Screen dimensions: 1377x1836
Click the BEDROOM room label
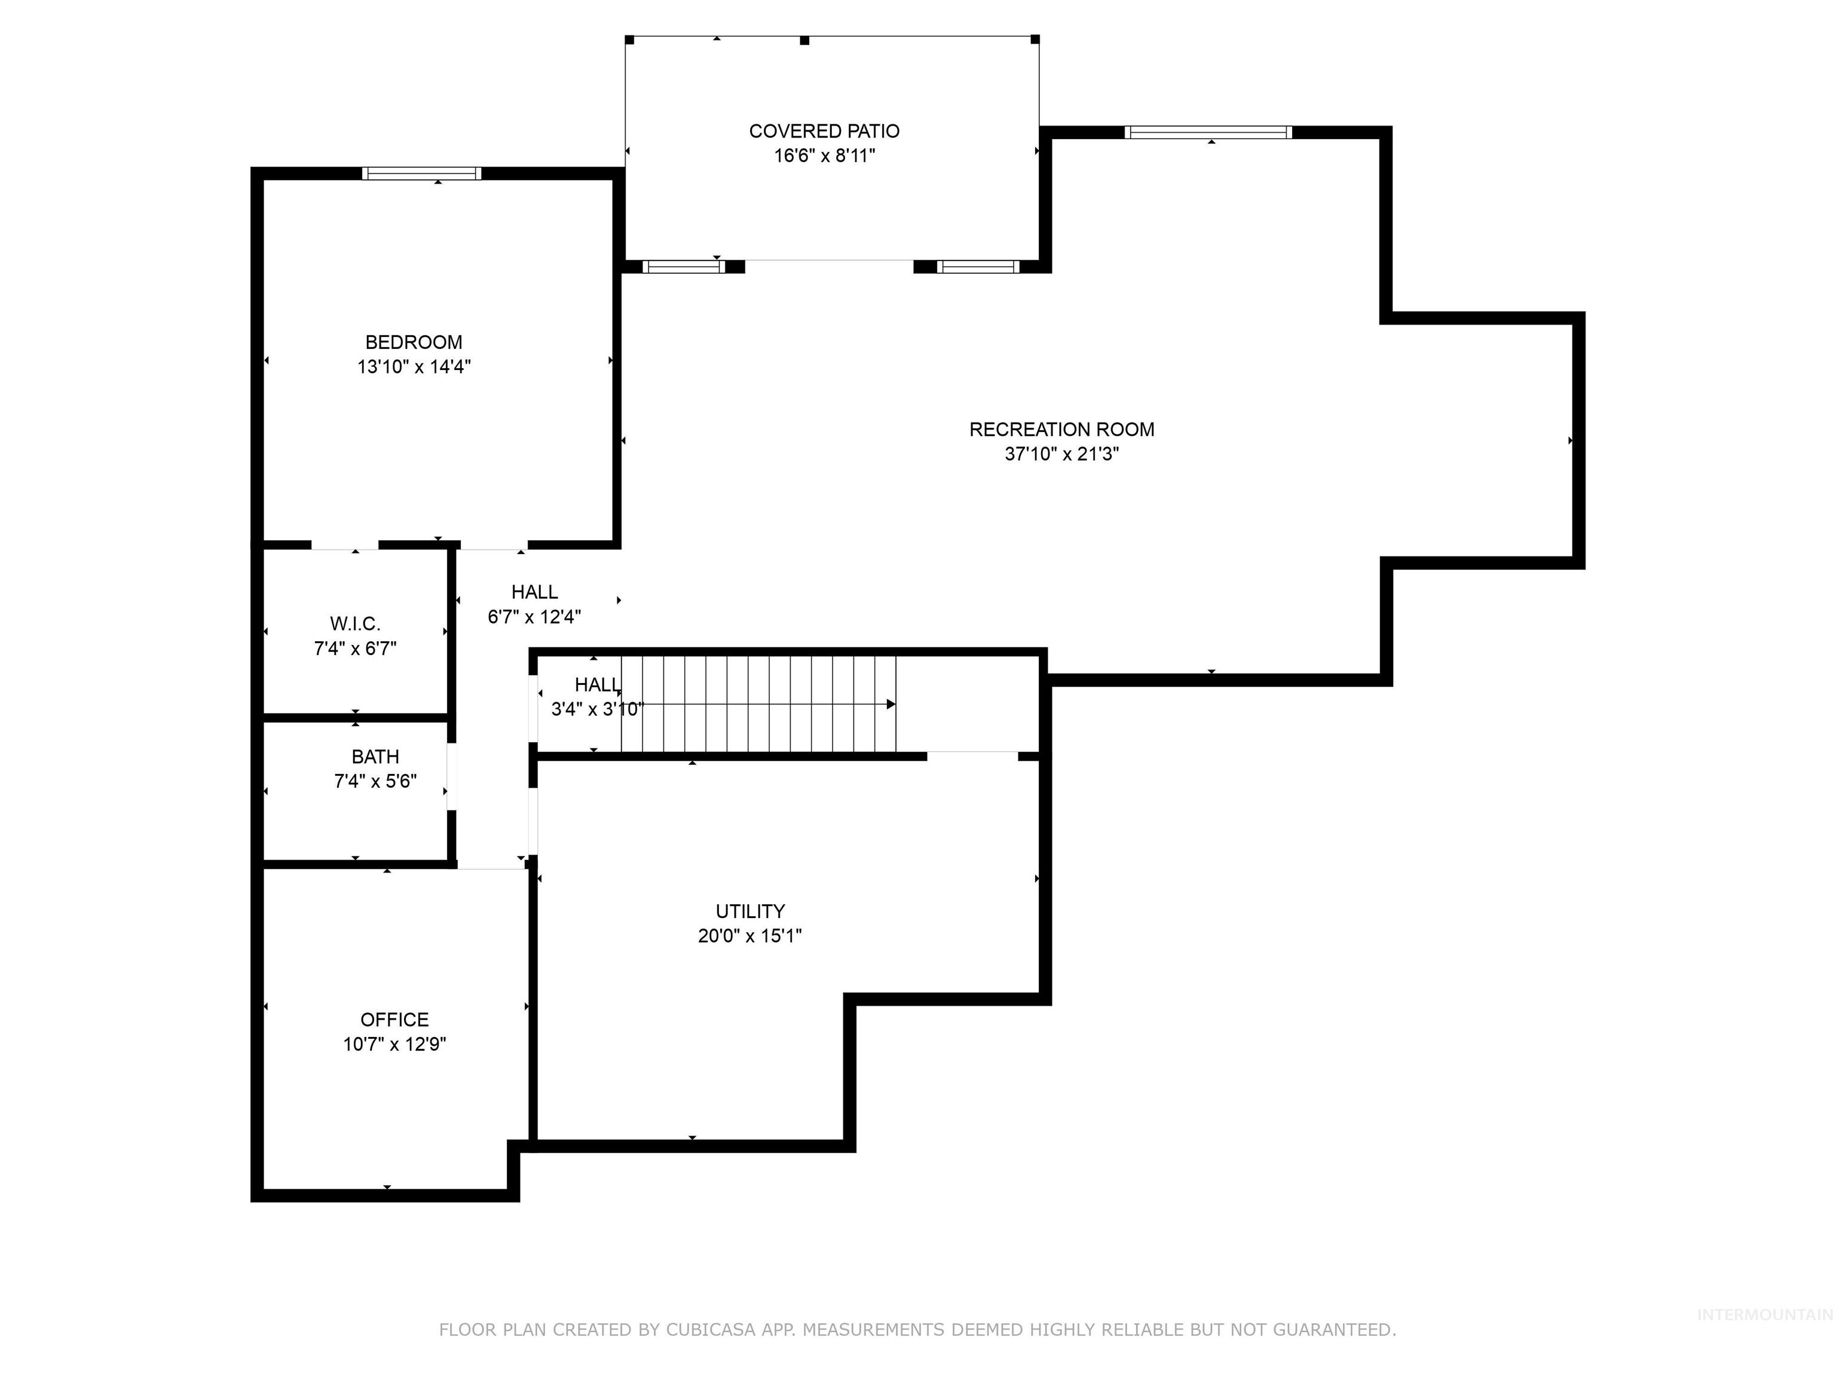coord(414,342)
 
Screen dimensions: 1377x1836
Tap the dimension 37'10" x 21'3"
coord(1061,454)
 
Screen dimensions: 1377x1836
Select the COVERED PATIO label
coord(824,131)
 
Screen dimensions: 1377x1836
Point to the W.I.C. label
coord(355,624)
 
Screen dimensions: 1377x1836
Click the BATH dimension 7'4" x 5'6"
coord(375,781)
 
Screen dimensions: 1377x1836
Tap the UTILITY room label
coord(749,911)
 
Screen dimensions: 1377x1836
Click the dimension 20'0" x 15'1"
coord(749,937)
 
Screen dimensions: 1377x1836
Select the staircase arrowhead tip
coord(892,705)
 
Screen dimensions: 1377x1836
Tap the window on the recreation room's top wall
coord(1208,132)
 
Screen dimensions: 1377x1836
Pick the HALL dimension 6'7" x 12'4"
coord(534,617)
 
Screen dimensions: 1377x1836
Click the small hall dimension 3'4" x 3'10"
coord(597,709)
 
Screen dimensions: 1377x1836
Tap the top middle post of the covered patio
coord(804,40)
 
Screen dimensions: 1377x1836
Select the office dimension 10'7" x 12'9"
coord(394,1044)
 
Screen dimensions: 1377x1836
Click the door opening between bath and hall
coord(452,777)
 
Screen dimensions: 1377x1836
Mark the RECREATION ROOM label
coord(1061,429)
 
